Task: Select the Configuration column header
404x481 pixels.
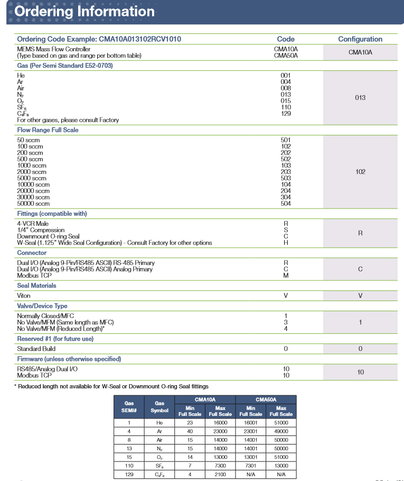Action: (360, 39)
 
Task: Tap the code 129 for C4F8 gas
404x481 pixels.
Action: (286, 114)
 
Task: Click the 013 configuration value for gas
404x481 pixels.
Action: (360, 98)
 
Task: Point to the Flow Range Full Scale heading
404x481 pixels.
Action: (48, 130)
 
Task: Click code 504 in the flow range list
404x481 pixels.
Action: (286, 203)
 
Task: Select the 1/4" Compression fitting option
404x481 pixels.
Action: (41, 230)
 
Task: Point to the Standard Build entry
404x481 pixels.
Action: (36, 349)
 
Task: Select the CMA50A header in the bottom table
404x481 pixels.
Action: (266, 400)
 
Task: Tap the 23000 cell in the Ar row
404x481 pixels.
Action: (220, 431)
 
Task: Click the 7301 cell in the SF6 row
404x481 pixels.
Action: (250, 466)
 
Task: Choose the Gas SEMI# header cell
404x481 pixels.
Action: (129, 407)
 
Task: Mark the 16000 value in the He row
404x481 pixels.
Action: (220, 423)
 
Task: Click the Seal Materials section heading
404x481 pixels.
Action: (36, 286)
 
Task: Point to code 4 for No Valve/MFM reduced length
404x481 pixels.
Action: (286, 329)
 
